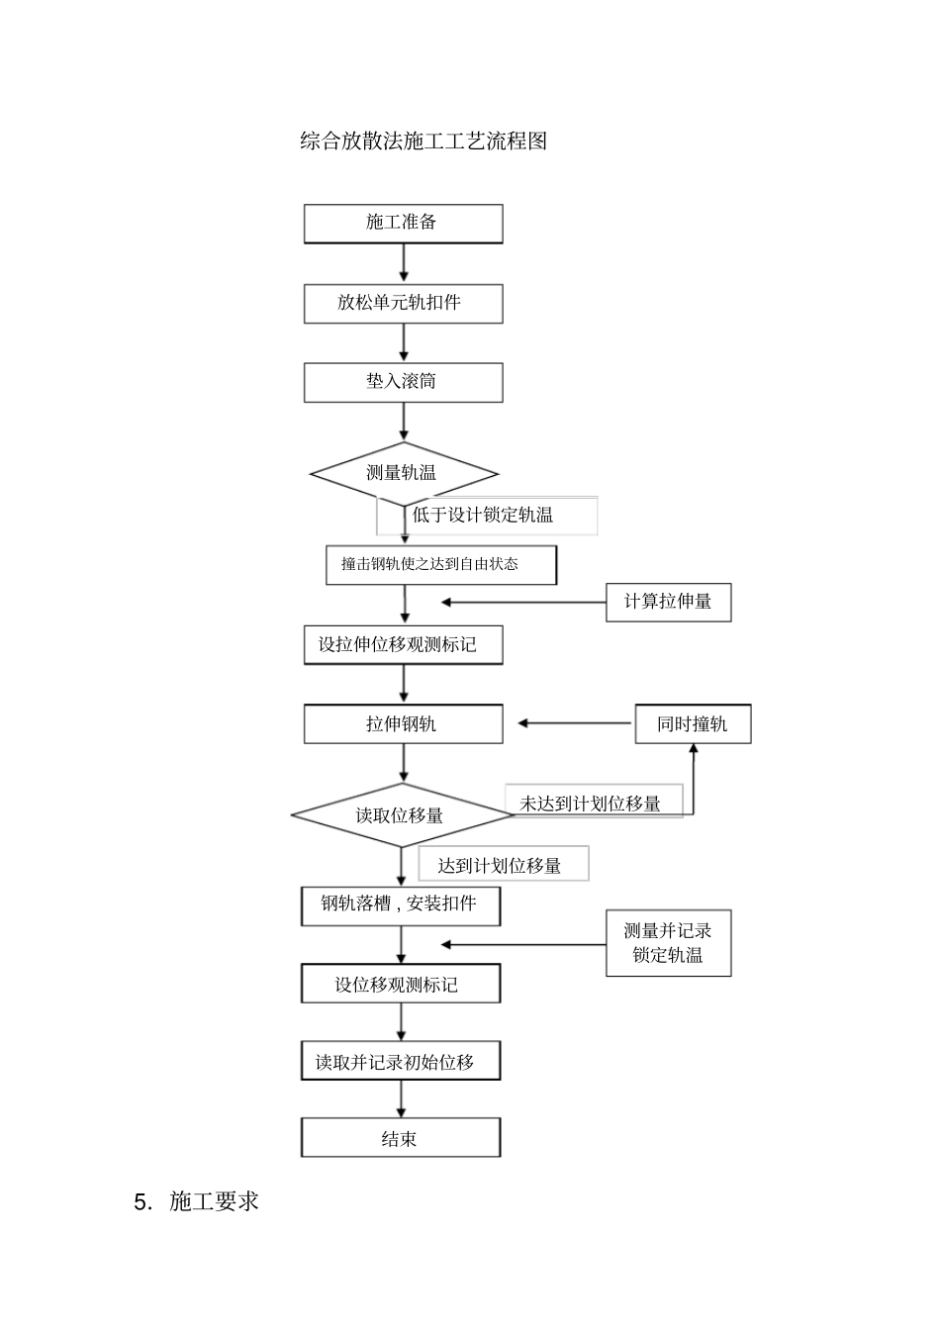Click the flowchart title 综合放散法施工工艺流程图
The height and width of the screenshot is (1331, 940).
[423, 142]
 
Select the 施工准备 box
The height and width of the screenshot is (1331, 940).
[403, 223]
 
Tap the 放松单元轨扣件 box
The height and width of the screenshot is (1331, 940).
[403, 303]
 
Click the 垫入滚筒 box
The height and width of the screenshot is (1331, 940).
[403, 382]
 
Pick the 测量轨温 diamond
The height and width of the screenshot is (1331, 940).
[403, 473]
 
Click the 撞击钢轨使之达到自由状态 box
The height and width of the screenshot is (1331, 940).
[440, 564]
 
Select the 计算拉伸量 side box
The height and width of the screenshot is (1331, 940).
[668, 602]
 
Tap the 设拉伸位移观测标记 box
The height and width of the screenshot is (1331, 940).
[403, 644]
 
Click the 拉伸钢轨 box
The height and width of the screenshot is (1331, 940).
[403, 724]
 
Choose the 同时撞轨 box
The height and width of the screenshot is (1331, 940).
[693, 724]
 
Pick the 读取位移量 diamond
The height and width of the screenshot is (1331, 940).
[401, 815]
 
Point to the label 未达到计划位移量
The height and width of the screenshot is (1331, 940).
[591, 804]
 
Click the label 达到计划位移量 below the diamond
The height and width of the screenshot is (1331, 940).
[501, 866]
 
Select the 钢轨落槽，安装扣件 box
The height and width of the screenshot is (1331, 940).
[400, 904]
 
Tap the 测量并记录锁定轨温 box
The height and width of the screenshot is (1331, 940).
[668, 943]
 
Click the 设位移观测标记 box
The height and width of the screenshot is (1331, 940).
[400, 985]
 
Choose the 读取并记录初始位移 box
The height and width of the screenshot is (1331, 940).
[400, 1062]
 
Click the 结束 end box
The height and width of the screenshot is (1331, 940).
[400, 1139]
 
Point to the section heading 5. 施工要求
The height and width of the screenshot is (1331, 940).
[197, 1201]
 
